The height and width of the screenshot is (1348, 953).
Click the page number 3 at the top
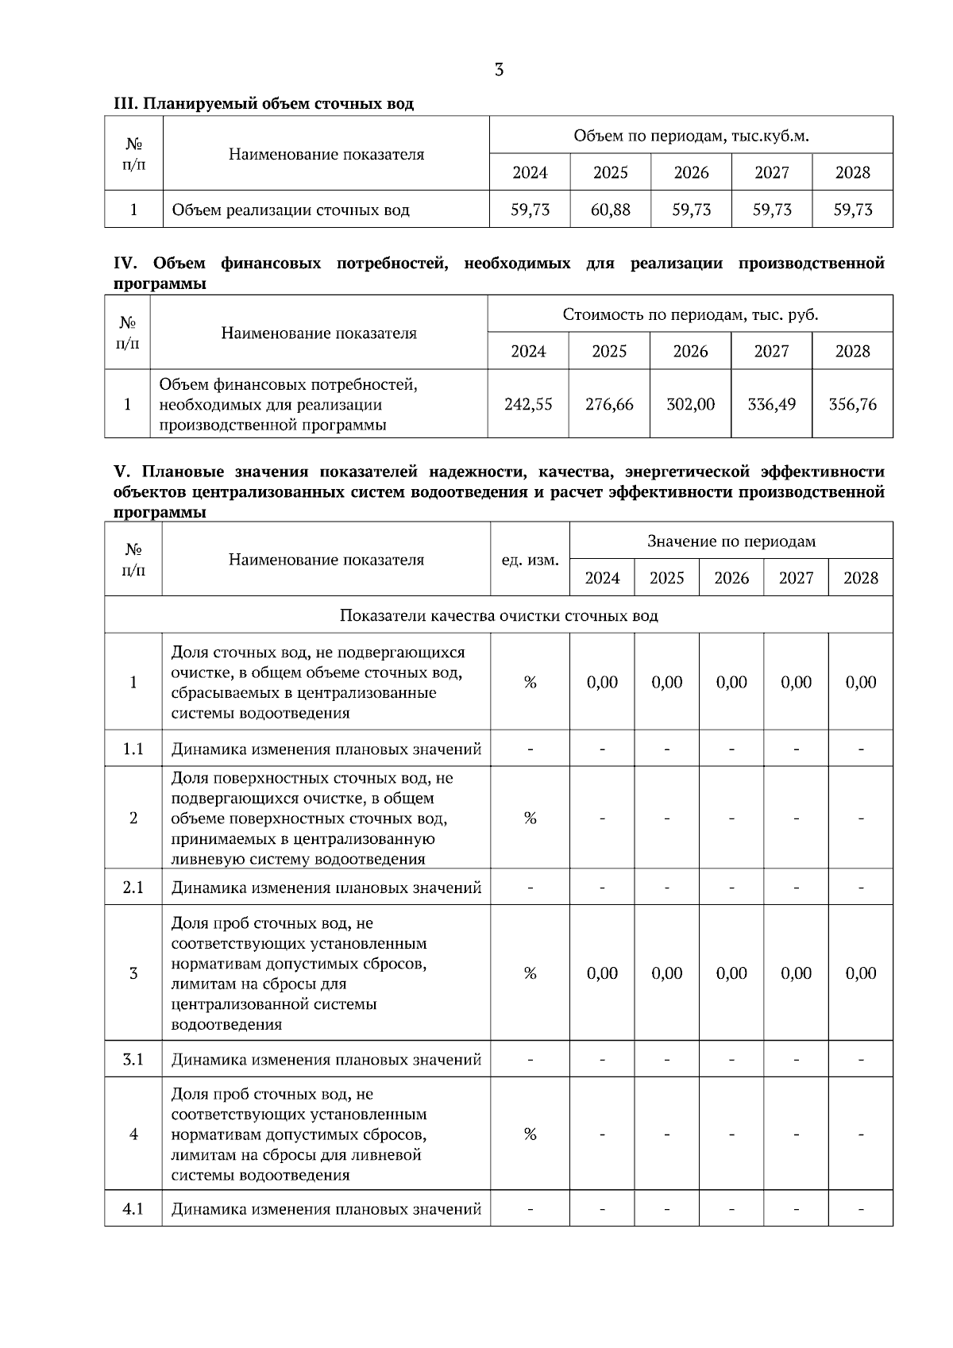point(499,70)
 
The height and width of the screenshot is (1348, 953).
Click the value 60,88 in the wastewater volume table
point(610,210)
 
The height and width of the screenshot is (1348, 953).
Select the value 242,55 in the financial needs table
point(528,404)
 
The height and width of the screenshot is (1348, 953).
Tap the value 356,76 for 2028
point(852,404)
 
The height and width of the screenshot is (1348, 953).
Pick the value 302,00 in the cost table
point(690,404)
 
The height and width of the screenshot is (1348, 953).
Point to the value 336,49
point(771,404)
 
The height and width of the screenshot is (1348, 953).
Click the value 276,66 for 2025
point(609,404)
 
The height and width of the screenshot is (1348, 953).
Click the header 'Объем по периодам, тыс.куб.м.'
point(691,136)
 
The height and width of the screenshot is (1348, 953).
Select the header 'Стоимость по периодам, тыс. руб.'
point(690,314)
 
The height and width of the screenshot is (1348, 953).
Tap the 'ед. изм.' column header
point(530,560)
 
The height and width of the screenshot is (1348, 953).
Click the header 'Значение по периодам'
point(731,541)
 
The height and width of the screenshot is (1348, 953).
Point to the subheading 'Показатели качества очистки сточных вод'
point(499,615)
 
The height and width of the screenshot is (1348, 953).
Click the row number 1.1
point(133,749)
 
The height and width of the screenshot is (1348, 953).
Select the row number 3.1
point(133,1059)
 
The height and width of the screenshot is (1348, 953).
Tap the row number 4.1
point(133,1209)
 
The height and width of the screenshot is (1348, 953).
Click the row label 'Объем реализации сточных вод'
point(291,210)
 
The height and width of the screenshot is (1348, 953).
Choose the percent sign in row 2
point(530,818)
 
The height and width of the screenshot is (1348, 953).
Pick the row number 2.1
point(133,887)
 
